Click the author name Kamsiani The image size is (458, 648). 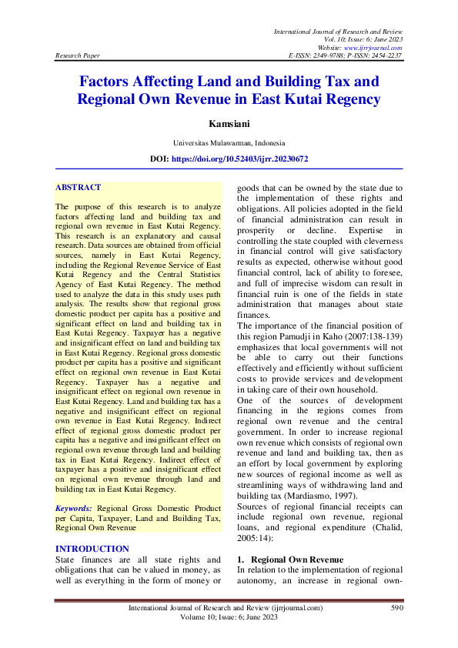click(229, 123)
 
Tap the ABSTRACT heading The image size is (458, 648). click(78, 187)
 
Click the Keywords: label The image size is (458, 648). click(74, 509)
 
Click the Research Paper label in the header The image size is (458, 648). click(78, 56)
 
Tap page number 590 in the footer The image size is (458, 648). click(396, 608)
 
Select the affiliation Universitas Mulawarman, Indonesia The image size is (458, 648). click(229, 142)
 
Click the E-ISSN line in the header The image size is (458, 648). click(345, 56)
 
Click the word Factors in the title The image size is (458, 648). click(112, 82)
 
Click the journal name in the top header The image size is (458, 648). click(338, 30)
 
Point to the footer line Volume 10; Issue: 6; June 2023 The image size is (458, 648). click(229, 617)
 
